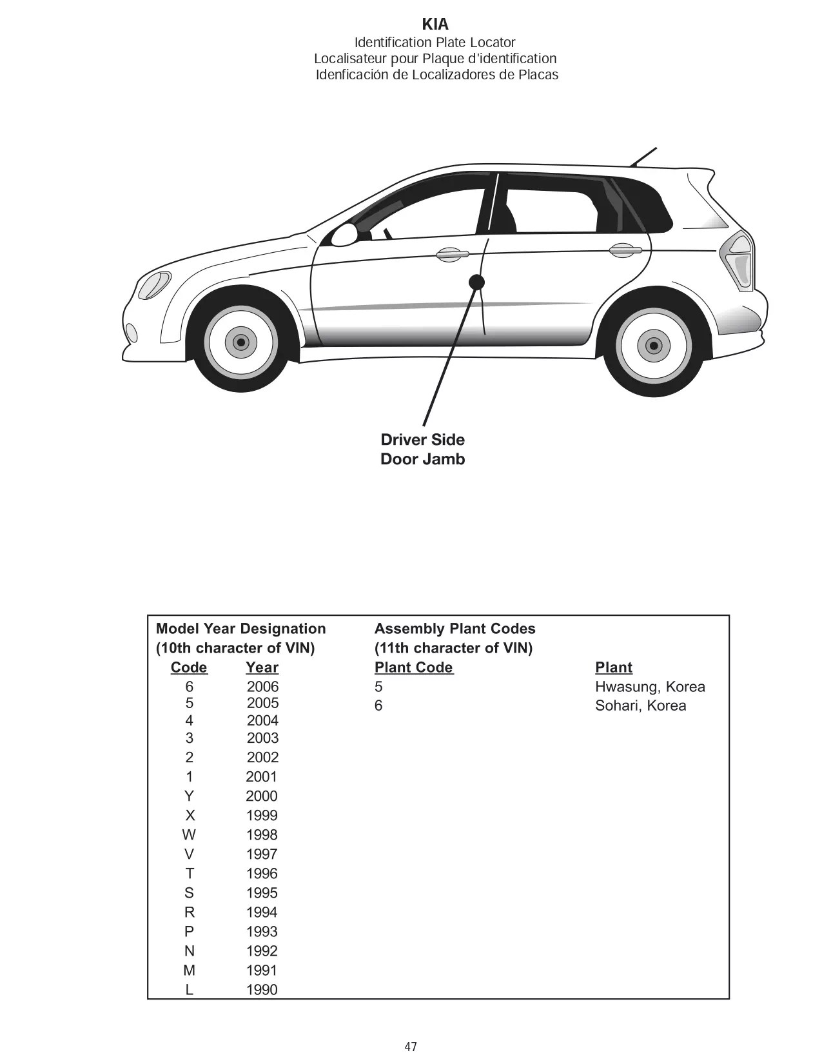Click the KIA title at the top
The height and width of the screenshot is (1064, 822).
[435, 25]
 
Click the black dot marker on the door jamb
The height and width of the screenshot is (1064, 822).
[476, 282]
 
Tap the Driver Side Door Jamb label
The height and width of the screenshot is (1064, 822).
[422, 449]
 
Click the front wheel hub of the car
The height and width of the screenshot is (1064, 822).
[241, 342]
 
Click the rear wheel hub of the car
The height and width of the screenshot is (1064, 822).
[653, 346]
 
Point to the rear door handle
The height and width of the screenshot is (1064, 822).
[624, 250]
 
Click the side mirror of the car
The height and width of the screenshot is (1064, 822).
[345, 235]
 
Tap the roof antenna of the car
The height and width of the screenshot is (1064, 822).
[643, 157]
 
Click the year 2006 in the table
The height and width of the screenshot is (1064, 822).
[262, 687]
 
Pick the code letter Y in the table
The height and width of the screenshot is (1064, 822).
[189, 796]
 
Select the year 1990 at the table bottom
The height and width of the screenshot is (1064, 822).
[262, 990]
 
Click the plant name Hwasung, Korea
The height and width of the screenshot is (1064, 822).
[650, 687]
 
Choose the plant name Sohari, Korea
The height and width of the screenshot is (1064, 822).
[640, 705]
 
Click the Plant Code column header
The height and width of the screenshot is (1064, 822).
[414, 667]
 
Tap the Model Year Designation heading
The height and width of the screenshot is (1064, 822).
[241, 629]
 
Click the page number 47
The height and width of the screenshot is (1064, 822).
[411, 1047]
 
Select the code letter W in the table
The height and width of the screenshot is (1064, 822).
[189, 835]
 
